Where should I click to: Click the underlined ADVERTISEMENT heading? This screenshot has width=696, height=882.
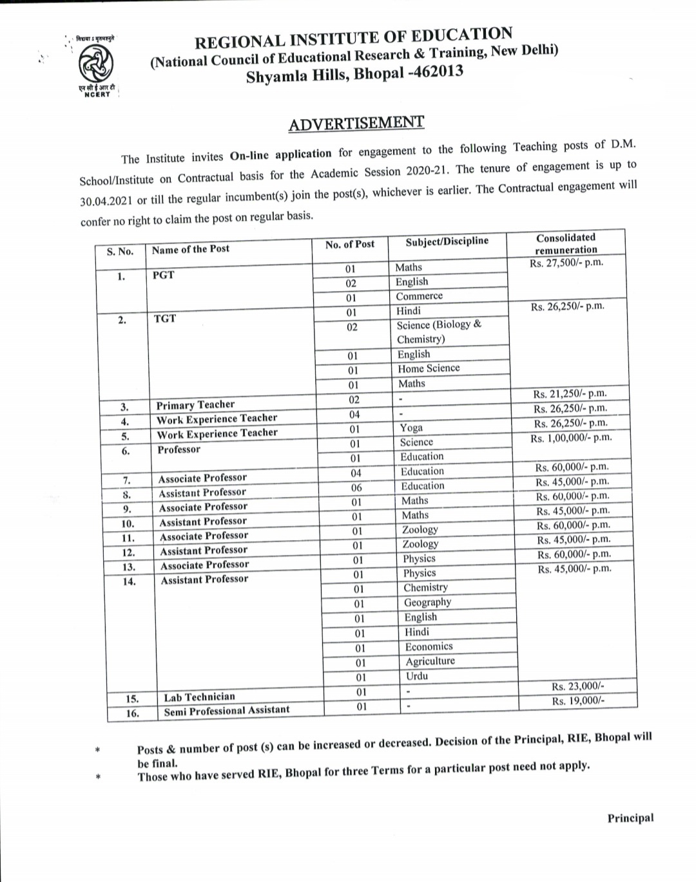click(356, 123)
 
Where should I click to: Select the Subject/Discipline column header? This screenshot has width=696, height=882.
click(447, 241)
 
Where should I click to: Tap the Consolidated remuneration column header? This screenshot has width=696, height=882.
click(566, 243)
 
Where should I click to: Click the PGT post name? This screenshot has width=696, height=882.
click(164, 275)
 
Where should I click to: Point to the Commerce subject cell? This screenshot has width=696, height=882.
click(419, 296)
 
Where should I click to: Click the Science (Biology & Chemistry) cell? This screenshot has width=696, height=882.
click(438, 332)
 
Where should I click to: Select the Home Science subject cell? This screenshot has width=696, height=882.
click(429, 368)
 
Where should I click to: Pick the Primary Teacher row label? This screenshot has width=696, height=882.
click(195, 405)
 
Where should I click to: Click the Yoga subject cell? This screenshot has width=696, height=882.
click(411, 428)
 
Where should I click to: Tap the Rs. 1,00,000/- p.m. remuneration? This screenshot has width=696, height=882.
click(571, 438)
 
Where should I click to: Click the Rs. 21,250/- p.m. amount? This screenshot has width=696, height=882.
click(570, 394)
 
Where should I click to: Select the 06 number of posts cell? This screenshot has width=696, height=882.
click(356, 487)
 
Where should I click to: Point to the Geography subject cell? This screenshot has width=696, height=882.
click(427, 603)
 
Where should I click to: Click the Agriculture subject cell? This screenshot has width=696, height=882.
click(430, 661)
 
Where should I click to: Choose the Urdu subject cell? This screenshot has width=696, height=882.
click(417, 676)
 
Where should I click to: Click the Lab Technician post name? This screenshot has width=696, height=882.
click(199, 697)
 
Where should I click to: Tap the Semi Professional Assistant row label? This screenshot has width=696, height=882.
click(226, 711)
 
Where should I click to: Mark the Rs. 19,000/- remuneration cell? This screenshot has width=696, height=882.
click(578, 701)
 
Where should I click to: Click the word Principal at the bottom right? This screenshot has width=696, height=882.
click(630, 818)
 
